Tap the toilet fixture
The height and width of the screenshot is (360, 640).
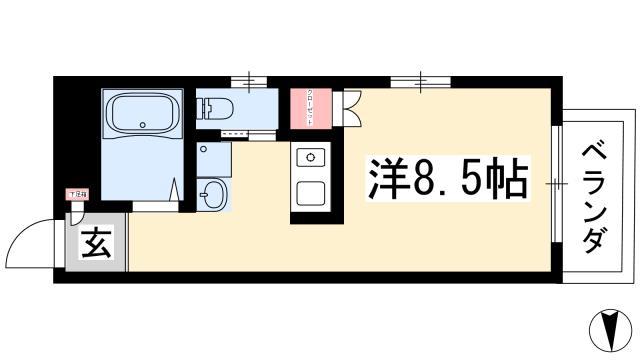click(x=215, y=107)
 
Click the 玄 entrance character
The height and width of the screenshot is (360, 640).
click(x=90, y=244)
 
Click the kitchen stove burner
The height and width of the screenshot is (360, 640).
click(x=309, y=158)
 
